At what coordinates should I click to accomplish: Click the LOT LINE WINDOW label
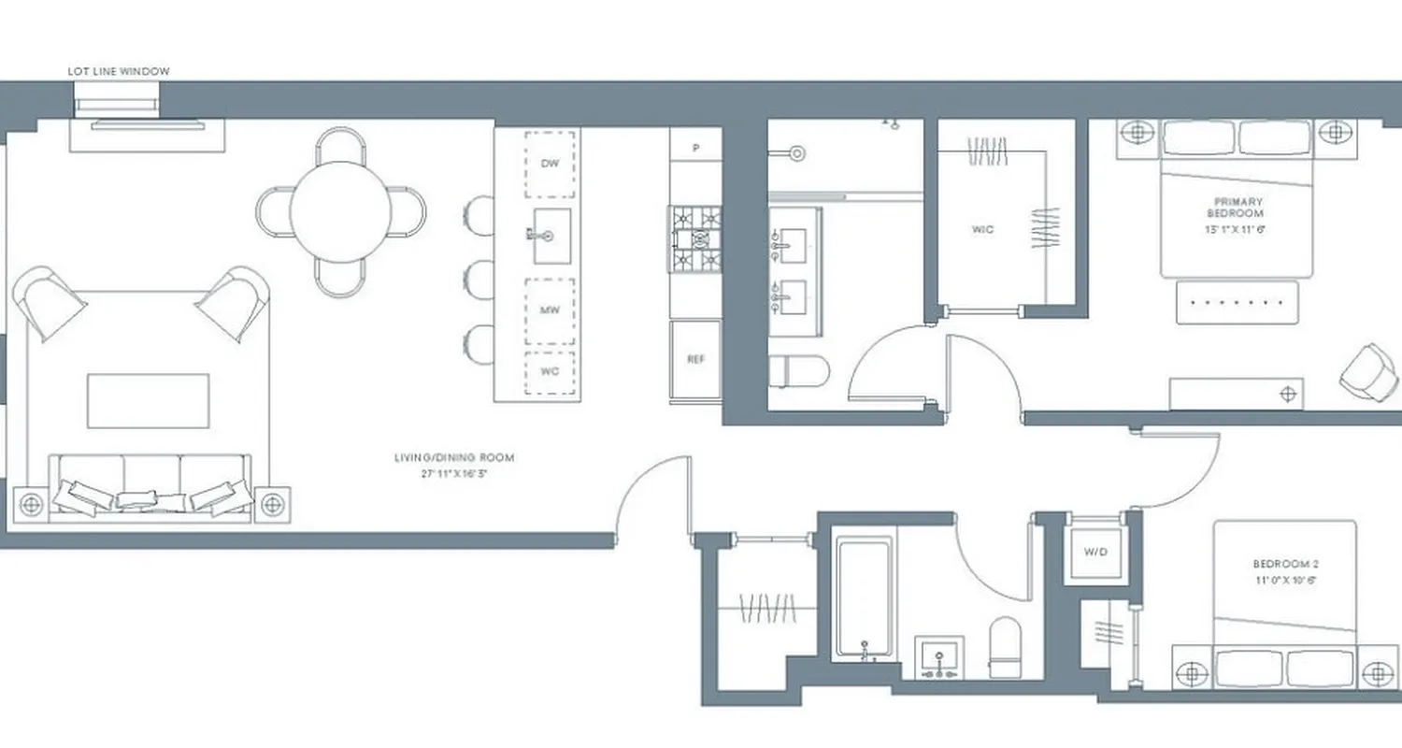click(119, 71)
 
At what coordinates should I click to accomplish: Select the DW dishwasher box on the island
click(550, 164)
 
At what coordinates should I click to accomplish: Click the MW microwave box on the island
click(550, 310)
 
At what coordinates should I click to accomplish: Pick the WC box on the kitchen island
click(550, 371)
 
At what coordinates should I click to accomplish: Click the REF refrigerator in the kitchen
click(695, 358)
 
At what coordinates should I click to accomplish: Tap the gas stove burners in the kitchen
click(694, 239)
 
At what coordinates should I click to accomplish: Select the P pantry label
click(695, 148)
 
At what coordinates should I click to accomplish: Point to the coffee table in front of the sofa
click(149, 401)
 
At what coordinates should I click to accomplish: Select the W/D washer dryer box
click(1095, 552)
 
